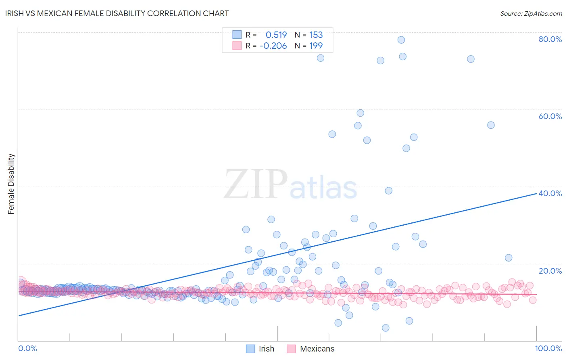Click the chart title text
click(x=117, y=13)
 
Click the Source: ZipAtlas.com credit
click(x=531, y=13)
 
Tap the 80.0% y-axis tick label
click(x=550, y=39)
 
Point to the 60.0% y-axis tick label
click(x=550, y=116)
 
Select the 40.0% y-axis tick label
click(x=550, y=193)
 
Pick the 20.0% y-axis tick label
click(x=550, y=271)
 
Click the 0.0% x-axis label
click(x=27, y=348)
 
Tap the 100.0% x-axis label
click(x=548, y=348)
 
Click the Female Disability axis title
click(x=11, y=184)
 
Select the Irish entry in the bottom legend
click(x=261, y=349)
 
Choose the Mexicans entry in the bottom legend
click(x=311, y=349)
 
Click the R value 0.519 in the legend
click(x=276, y=35)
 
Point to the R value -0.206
click(x=273, y=46)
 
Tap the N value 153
click(x=316, y=35)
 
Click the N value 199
click(x=316, y=46)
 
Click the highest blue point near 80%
click(x=401, y=40)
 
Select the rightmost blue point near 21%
click(x=509, y=258)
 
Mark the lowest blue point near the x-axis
click(x=386, y=328)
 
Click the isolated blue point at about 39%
click(x=388, y=190)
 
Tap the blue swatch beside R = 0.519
click(x=237, y=35)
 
